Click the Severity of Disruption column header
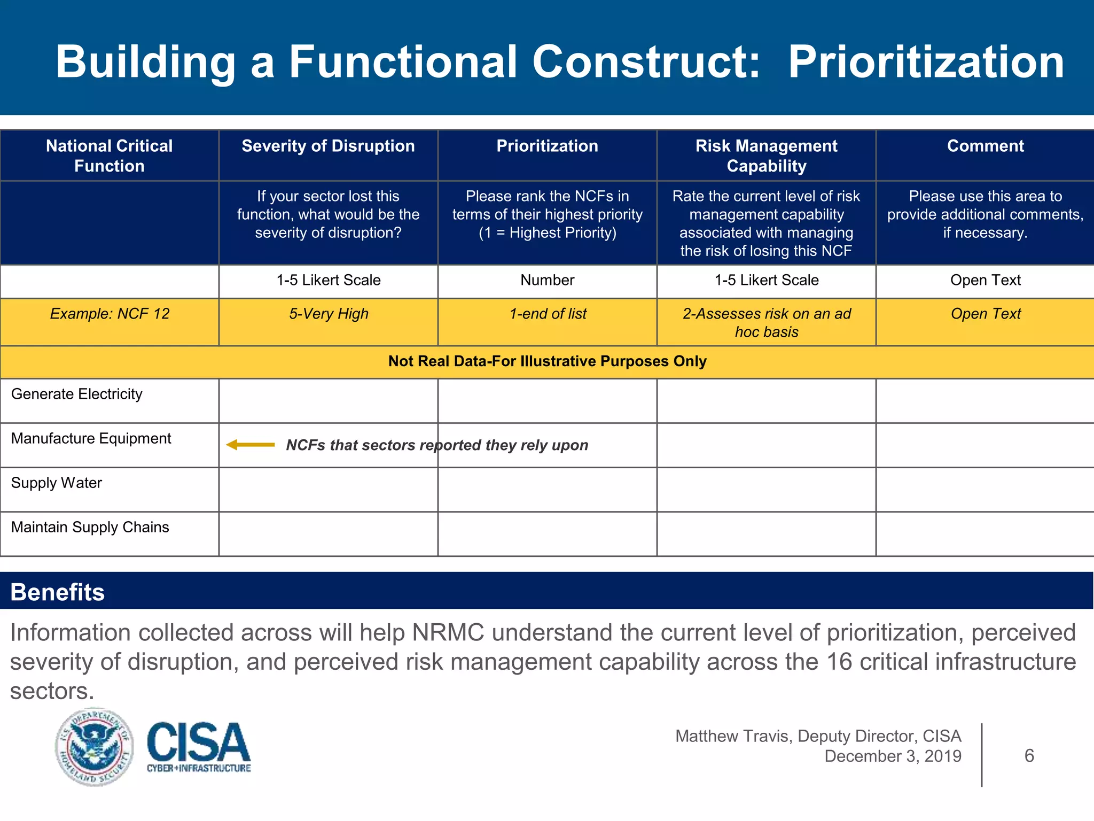328,146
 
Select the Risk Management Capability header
766,156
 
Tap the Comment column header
985,146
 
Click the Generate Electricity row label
77,394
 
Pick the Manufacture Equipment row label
91,438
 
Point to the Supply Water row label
57,483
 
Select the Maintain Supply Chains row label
90,527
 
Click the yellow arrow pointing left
250,445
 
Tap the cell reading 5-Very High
329,314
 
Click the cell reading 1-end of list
548,314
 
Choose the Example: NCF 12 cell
110,314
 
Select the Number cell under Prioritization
548,280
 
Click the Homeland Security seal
95,747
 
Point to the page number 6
1029,756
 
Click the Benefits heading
58,592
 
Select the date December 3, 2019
893,756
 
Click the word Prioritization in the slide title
926,62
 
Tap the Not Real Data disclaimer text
547,361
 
